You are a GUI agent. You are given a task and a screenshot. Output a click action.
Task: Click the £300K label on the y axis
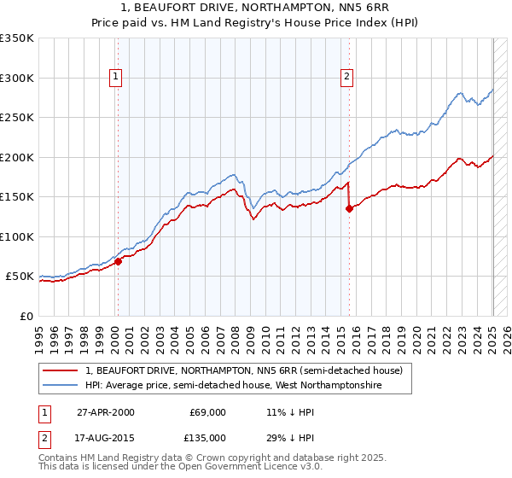(16, 78)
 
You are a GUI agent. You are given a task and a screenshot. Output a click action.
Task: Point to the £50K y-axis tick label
(19, 277)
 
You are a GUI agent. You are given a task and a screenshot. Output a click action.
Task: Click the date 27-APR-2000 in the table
(105, 412)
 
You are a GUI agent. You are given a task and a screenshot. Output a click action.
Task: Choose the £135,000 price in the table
(207, 438)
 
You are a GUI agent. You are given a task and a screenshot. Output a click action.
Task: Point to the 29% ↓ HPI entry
(284, 438)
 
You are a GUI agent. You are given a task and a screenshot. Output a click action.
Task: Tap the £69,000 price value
(207, 412)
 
